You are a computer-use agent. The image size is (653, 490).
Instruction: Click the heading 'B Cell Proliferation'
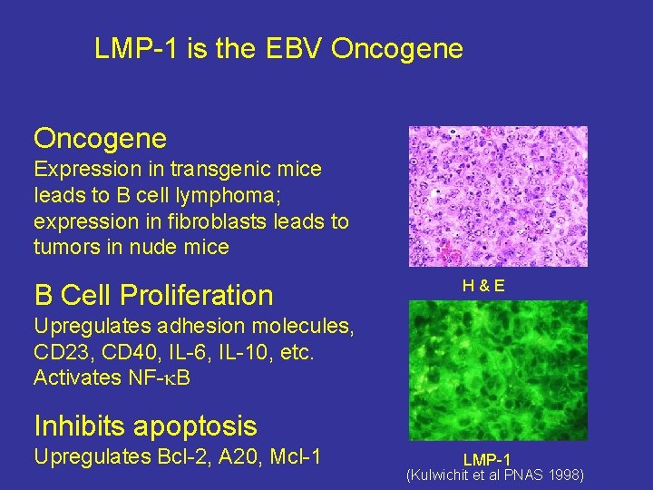point(153,295)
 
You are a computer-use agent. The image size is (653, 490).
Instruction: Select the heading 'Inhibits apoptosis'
point(145,426)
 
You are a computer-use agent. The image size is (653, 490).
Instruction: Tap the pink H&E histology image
point(498,196)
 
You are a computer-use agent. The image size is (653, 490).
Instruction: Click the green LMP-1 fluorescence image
point(498,370)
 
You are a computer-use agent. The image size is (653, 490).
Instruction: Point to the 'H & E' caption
point(484,286)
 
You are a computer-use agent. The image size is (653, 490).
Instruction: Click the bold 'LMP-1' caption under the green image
point(487,460)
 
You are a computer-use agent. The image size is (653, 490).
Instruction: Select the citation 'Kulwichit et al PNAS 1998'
point(495,475)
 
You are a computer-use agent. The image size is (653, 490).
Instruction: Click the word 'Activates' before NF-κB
point(76,377)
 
